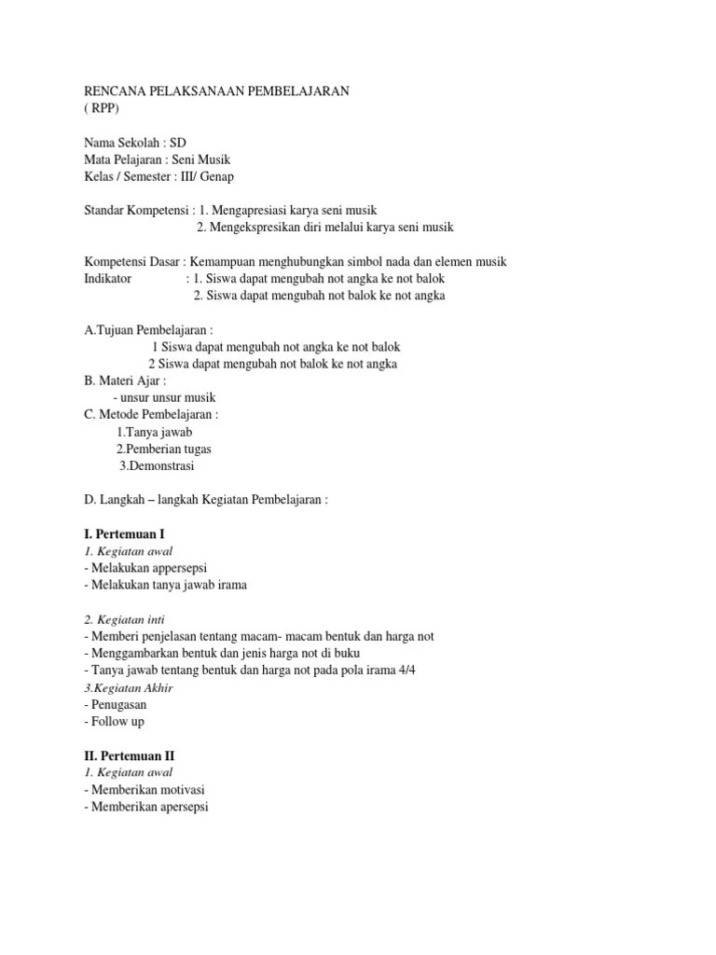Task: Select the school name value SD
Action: click(178, 142)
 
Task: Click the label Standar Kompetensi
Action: click(134, 211)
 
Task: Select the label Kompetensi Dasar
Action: click(131, 262)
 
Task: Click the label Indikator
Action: click(108, 279)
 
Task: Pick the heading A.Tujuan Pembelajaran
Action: click(148, 330)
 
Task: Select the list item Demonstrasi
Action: click(161, 465)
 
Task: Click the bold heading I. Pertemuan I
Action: click(124, 534)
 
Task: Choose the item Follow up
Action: click(117, 721)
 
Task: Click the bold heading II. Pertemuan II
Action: click(130, 755)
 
